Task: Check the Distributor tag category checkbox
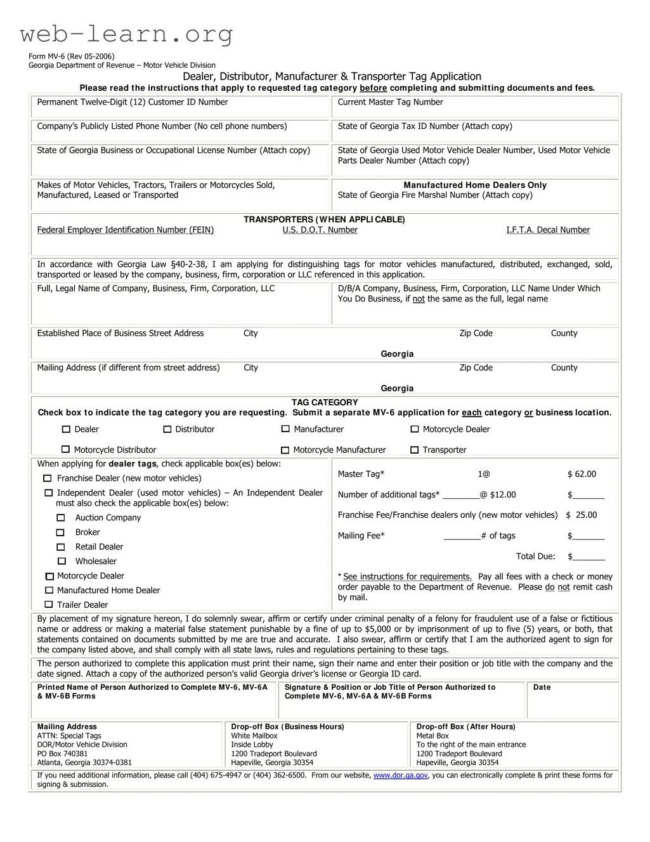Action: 167,430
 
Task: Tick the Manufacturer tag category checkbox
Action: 285,430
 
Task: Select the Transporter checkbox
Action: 415,450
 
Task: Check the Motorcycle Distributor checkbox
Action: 65,450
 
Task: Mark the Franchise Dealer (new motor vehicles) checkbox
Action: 48,478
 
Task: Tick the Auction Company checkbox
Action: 61,518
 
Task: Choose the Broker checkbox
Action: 61,532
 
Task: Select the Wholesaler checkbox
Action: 62,561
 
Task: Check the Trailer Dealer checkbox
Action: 49,605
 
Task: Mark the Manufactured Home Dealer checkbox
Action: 49,590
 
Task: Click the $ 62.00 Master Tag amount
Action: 582,474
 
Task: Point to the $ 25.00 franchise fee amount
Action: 582,515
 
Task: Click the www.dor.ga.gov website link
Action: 400,775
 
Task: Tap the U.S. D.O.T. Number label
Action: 320,230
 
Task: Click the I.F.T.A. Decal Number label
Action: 547,230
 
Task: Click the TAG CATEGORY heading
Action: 325,402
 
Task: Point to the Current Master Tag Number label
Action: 390,102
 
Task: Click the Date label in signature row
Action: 542,687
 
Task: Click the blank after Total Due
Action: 589,557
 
